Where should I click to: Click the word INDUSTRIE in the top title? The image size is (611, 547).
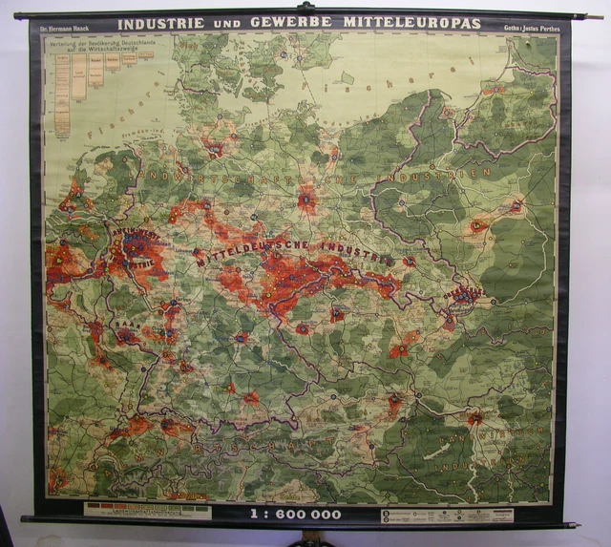(155, 24)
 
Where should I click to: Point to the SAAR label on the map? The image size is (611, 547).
(124, 326)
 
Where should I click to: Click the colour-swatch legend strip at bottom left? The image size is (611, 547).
(148, 510)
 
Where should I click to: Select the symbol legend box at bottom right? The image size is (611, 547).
(447, 515)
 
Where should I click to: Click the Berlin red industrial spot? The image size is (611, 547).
(306, 200)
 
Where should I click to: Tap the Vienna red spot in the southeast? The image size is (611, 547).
(474, 417)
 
